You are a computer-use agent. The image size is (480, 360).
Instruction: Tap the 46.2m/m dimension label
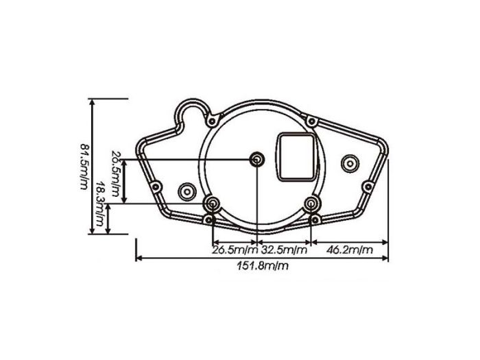tap(350, 250)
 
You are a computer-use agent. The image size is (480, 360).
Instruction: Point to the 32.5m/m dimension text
tap(284, 250)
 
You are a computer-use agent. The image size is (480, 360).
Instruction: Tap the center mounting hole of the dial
tap(256, 160)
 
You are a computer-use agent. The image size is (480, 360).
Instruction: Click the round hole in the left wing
tap(186, 191)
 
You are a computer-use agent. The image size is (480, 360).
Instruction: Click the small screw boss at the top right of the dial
tap(313, 122)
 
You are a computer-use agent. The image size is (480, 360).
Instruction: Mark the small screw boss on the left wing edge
tap(156, 186)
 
